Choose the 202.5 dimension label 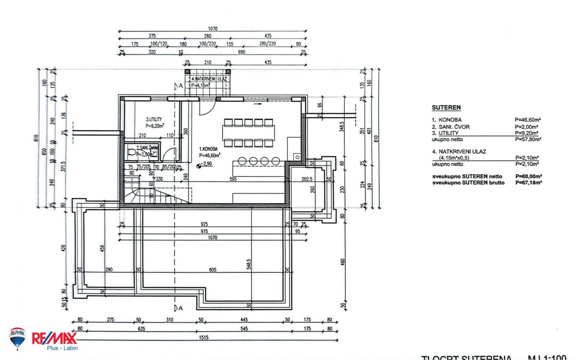click(307, 180)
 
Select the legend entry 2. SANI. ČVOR click(450, 127)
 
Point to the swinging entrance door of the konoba click(206, 107)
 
